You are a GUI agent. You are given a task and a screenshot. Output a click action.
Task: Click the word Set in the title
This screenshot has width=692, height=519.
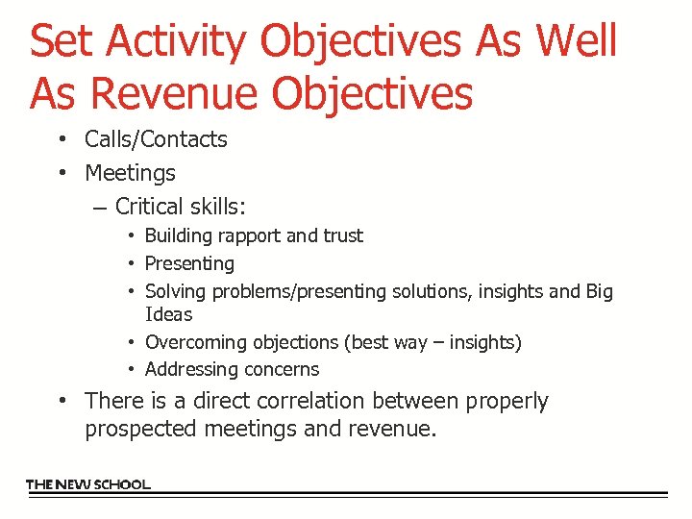click(x=63, y=41)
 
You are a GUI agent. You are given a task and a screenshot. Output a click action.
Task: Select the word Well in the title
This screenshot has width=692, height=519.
click(x=577, y=41)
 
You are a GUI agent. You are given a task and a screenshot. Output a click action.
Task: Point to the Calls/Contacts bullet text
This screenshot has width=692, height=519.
click(x=156, y=139)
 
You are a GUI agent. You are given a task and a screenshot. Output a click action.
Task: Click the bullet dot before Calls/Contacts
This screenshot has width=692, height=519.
click(x=60, y=139)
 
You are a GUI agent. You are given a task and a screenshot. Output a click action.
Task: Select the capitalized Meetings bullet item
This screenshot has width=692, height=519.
click(x=130, y=173)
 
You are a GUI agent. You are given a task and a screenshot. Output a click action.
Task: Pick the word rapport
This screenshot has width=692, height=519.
click(x=252, y=236)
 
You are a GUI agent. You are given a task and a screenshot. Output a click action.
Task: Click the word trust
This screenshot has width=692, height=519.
click(x=343, y=236)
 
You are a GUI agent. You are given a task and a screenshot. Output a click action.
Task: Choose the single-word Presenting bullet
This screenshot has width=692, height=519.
click(x=189, y=263)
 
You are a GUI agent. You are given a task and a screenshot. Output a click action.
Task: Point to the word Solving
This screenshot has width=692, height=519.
click(x=175, y=291)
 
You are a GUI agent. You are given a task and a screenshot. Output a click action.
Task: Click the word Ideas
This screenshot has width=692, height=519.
click(x=168, y=314)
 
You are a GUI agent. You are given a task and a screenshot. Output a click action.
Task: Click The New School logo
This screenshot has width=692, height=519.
click(x=88, y=484)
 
